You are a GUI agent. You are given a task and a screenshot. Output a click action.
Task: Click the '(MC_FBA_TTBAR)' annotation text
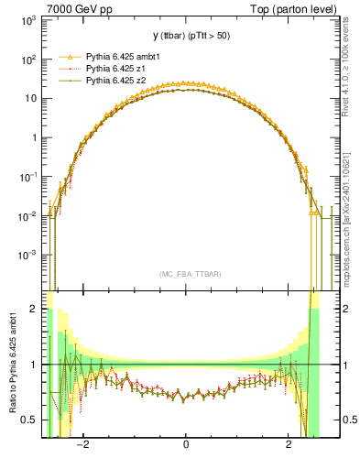186,274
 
